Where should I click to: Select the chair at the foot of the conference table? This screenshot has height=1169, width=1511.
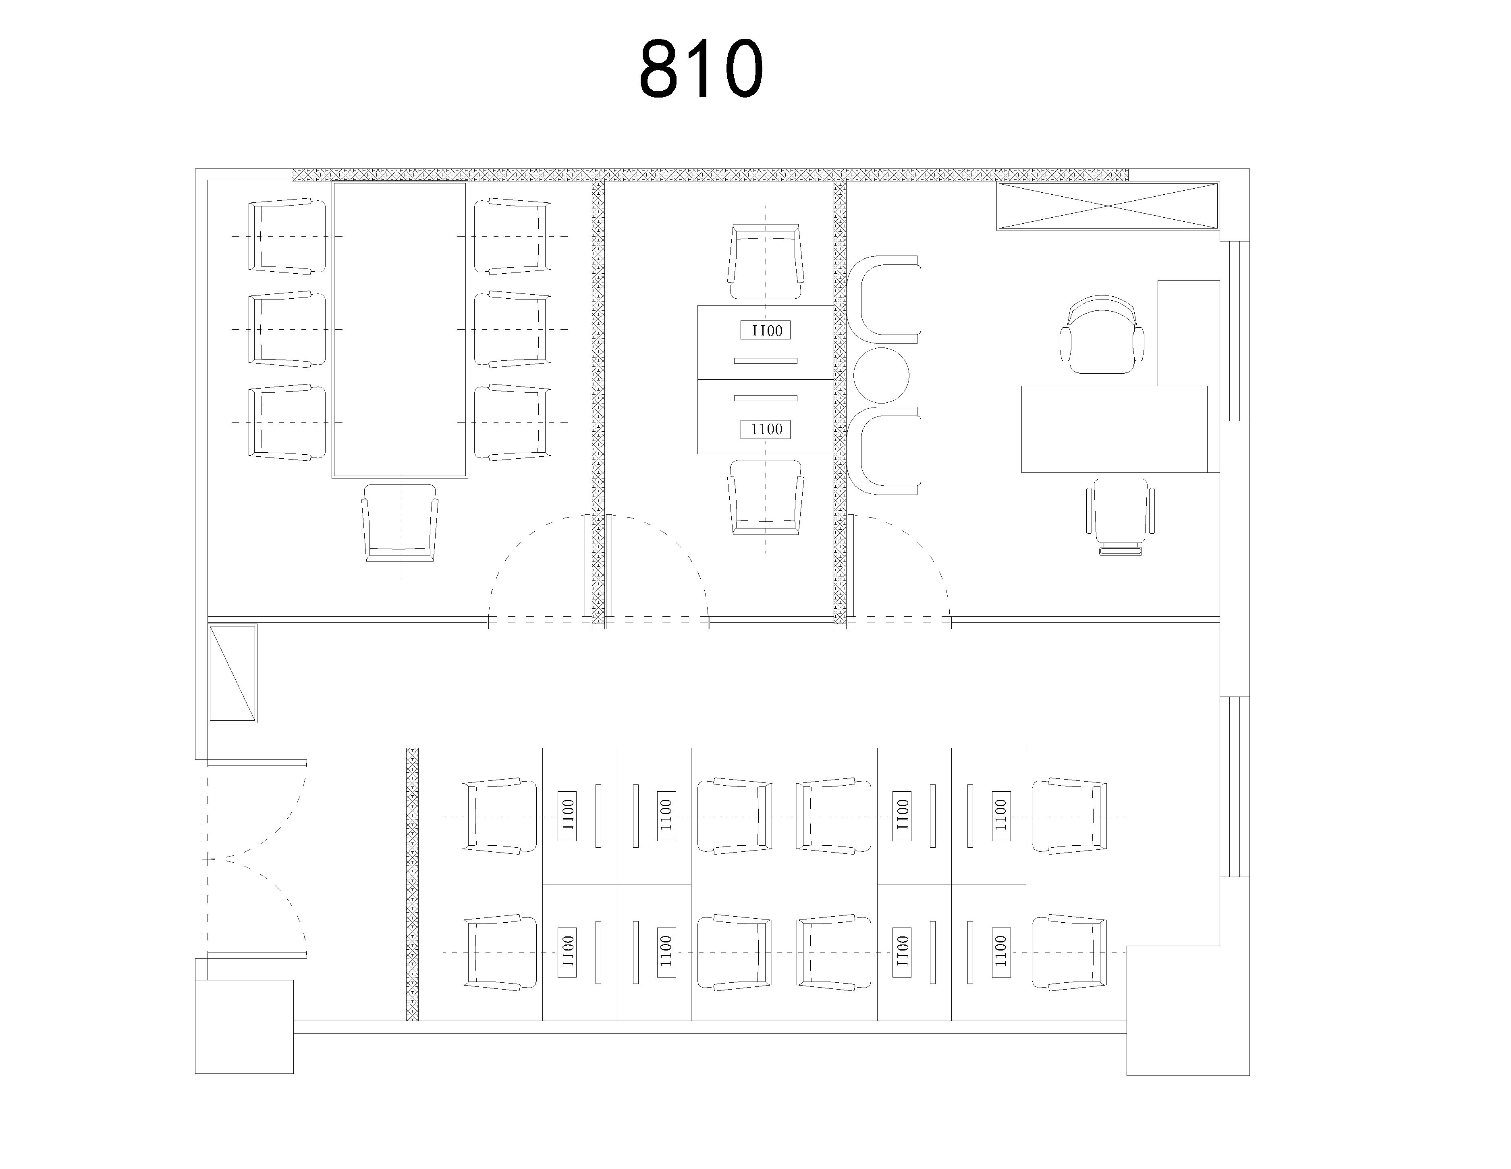pos(400,522)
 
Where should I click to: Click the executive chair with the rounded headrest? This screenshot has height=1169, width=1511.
pos(1102,334)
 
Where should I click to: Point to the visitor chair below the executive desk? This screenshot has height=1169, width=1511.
pos(1121,516)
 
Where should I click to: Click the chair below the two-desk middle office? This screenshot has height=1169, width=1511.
pos(766,497)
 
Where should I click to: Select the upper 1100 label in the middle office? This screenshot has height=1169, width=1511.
pos(766,330)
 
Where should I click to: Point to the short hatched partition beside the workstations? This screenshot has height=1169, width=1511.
pos(412,884)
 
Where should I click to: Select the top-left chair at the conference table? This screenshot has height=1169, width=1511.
pos(286,236)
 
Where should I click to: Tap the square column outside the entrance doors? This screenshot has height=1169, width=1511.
pos(244,1026)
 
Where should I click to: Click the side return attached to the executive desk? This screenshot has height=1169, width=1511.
pos(1189,333)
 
